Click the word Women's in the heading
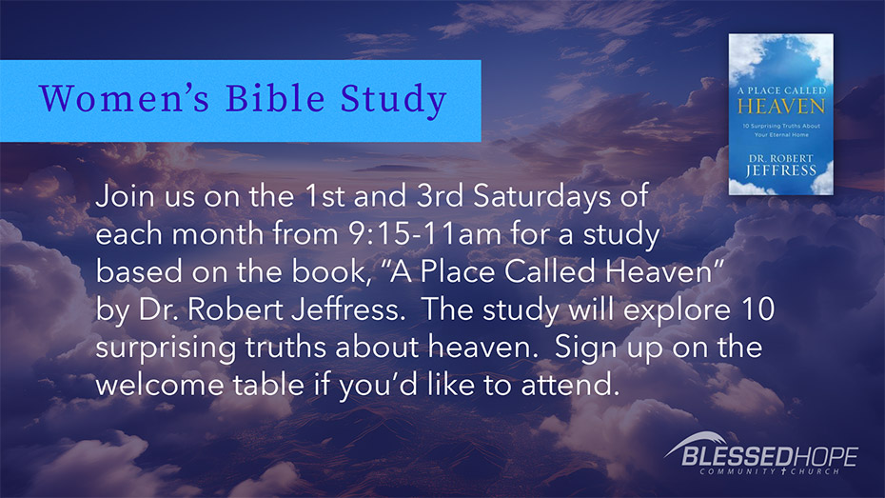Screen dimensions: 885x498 [124, 98]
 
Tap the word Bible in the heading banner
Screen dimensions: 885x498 [275, 98]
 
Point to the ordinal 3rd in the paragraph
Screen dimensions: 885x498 [440, 196]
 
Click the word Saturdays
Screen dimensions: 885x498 [541, 197]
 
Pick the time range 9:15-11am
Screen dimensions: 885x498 [425, 233]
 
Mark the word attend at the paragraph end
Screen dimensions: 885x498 [570, 385]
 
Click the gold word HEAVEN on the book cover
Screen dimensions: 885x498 [781, 106]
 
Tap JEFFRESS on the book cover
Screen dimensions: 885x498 [781, 170]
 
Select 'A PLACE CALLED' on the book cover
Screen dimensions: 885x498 [781, 90]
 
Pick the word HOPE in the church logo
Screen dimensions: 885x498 [826, 456]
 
